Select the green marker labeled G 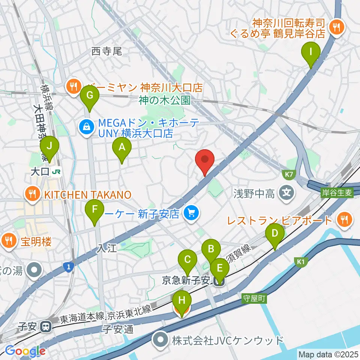[89, 95]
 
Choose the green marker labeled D [275, 234]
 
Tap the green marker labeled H [182, 301]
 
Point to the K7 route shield [288, 174]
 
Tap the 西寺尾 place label [107, 51]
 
